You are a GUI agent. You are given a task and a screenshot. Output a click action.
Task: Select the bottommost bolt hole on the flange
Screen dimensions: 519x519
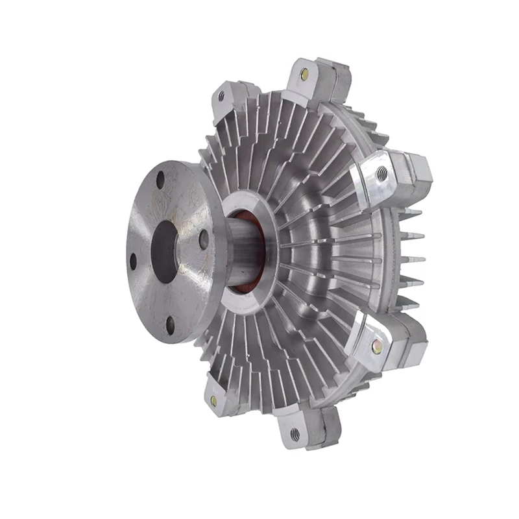(170, 325)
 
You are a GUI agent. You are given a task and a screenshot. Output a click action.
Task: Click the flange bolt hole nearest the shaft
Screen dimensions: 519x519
(203, 238)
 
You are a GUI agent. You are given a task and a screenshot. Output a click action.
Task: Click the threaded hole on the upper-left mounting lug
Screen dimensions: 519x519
(221, 96)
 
